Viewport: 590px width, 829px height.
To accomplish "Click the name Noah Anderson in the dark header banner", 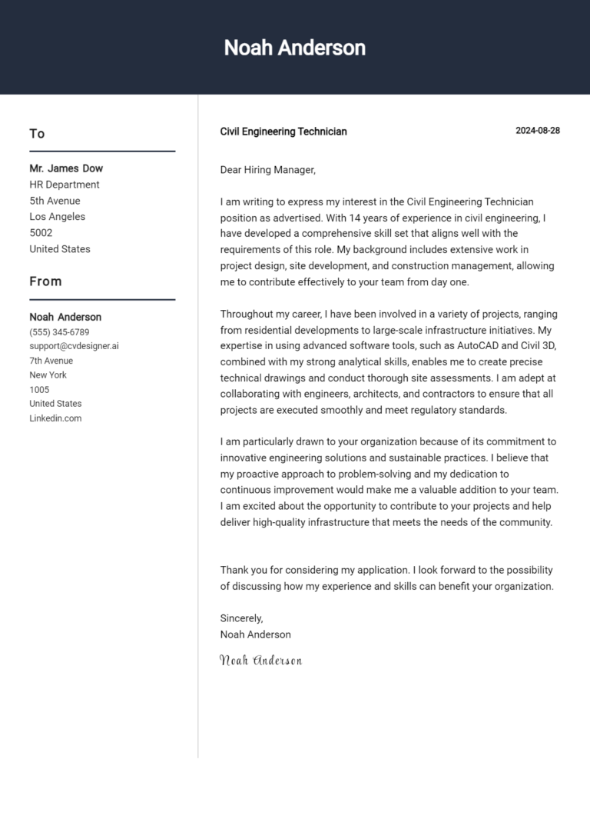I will [x=294, y=48].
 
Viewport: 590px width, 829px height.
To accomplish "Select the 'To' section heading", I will [x=37, y=134].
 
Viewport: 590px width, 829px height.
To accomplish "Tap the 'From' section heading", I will [x=45, y=281].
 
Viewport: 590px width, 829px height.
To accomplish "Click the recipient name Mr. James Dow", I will [x=66, y=168].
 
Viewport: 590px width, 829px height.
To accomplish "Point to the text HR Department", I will [x=65, y=185].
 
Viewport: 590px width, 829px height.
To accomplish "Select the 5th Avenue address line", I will [x=55, y=201].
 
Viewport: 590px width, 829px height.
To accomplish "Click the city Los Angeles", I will [x=58, y=217].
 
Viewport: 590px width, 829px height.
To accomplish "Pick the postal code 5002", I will [x=41, y=233].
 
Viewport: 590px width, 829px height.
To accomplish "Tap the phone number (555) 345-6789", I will [x=59, y=332].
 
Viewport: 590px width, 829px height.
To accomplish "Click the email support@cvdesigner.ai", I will [x=74, y=346].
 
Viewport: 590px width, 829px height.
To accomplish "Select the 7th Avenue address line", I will [x=51, y=361].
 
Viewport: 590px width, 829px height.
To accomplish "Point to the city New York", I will [x=48, y=375].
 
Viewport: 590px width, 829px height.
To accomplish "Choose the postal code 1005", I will [x=39, y=390].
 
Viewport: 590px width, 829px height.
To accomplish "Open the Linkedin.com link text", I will [x=55, y=418].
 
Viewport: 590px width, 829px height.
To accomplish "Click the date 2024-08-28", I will [x=537, y=131].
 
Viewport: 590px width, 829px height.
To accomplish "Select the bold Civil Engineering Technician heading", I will [x=283, y=132].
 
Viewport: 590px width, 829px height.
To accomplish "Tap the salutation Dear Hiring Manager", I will [x=268, y=170].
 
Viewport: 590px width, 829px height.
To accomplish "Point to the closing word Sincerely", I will [x=242, y=618].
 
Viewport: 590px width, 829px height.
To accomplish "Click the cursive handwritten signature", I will [x=260, y=660].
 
